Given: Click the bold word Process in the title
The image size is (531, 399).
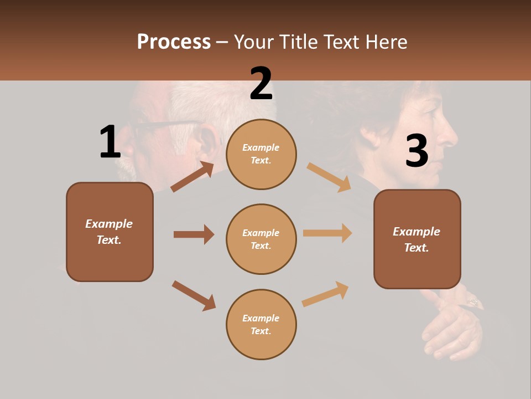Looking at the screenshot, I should (x=174, y=42).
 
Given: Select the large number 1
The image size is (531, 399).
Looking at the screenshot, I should (x=110, y=142).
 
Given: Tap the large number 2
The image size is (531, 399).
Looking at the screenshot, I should (x=261, y=84).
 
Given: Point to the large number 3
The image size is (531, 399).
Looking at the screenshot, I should (x=417, y=151).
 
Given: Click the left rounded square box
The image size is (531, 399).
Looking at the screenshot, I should (x=110, y=232).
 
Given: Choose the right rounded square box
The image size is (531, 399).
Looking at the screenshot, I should (x=417, y=239).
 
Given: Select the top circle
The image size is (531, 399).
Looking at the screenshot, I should (x=261, y=154).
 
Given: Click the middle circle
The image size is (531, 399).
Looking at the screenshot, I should (x=261, y=239).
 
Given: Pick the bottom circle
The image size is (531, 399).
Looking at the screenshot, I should (x=261, y=324).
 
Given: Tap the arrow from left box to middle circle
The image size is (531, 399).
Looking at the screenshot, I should (x=194, y=234).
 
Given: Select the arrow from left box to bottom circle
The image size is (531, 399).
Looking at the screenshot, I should (x=194, y=295).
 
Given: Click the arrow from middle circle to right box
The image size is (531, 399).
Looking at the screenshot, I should (x=327, y=233).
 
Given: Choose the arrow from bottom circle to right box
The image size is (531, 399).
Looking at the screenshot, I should (x=325, y=294).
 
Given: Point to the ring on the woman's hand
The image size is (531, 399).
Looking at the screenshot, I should (x=473, y=302).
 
